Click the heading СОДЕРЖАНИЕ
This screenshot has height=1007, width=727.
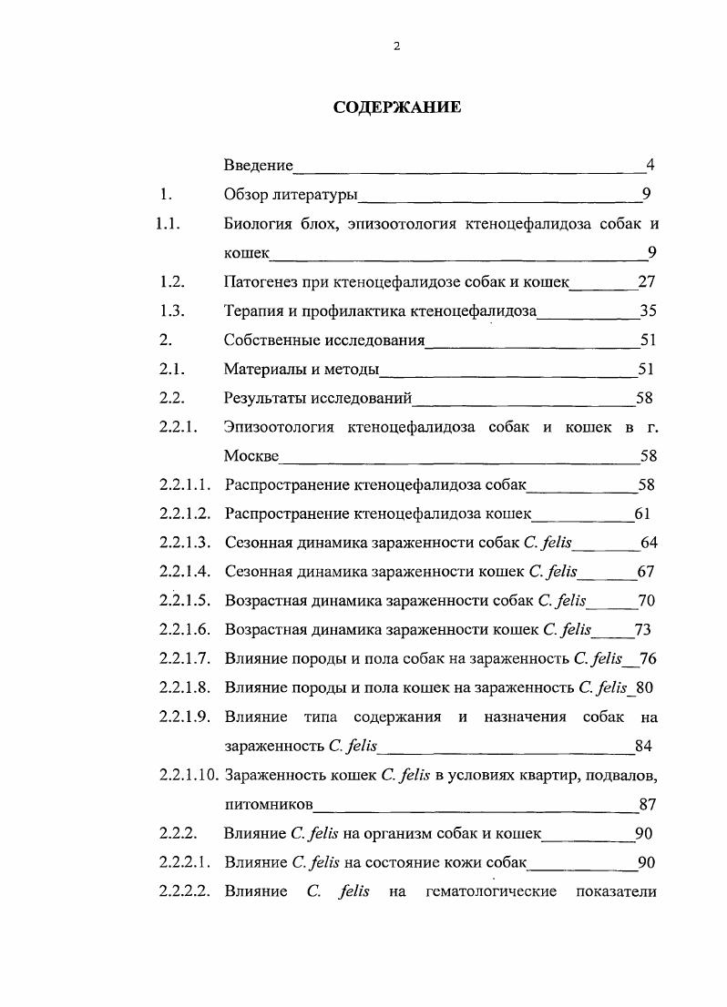(396, 107)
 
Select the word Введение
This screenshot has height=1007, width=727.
(259, 166)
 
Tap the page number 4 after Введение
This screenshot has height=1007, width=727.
(650, 166)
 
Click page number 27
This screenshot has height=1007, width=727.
(648, 282)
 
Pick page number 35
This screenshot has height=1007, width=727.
(649, 311)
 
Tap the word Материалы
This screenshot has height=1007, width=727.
(263, 370)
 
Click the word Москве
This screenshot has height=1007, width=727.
(251, 456)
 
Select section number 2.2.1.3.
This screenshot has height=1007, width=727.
(185, 543)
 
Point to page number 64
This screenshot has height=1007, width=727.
(649, 543)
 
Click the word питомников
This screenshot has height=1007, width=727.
(269, 805)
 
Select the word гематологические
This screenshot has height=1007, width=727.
(491, 891)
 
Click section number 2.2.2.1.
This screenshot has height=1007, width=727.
(185, 862)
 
